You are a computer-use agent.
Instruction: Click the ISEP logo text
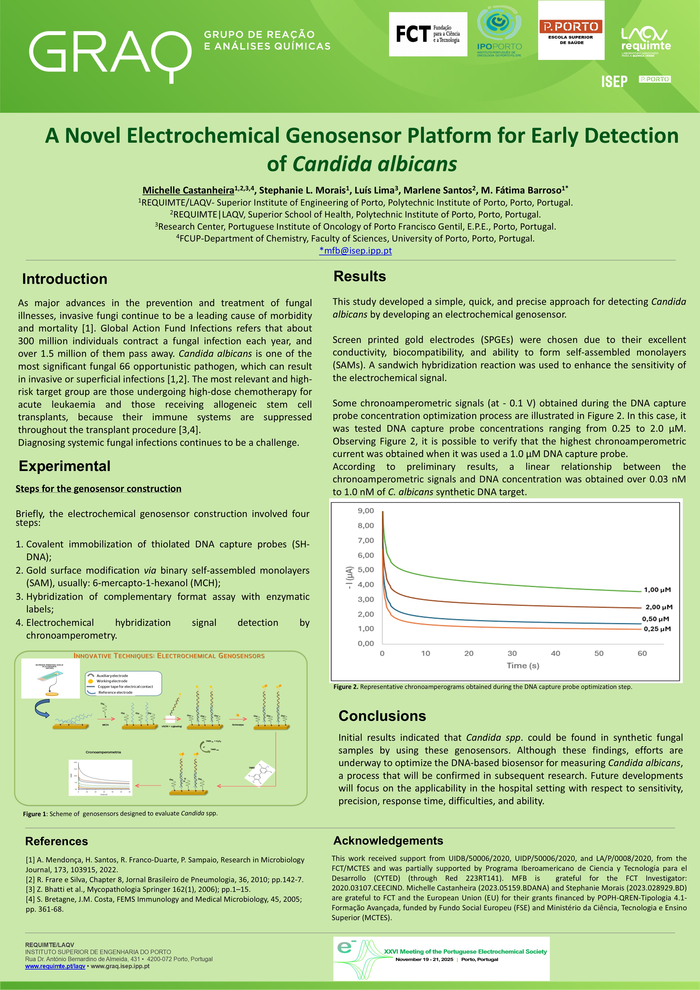tap(614, 81)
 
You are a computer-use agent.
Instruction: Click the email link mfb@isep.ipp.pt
tap(356, 250)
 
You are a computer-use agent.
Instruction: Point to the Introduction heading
tap(65, 279)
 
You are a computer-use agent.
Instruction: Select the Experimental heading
tap(65, 466)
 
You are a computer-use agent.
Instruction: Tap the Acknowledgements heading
tap(388, 840)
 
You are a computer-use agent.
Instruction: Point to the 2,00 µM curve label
tap(658, 607)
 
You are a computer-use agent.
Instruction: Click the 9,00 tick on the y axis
tap(366, 511)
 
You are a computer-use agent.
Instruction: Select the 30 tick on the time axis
tap(512, 653)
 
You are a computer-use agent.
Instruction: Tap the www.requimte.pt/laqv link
tap(55, 966)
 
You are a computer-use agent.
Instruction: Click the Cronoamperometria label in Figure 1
tap(103, 752)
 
